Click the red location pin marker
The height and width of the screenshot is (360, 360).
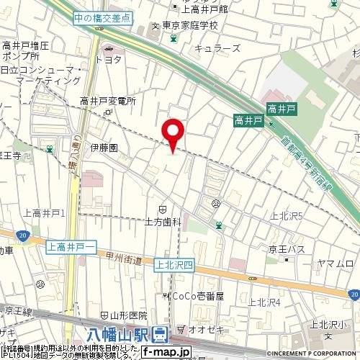click(174, 134)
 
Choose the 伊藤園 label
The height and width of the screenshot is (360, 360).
click(104, 147)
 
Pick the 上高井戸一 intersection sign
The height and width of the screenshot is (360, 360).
click(72, 248)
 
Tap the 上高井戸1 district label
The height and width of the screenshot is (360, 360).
click(45, 212)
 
